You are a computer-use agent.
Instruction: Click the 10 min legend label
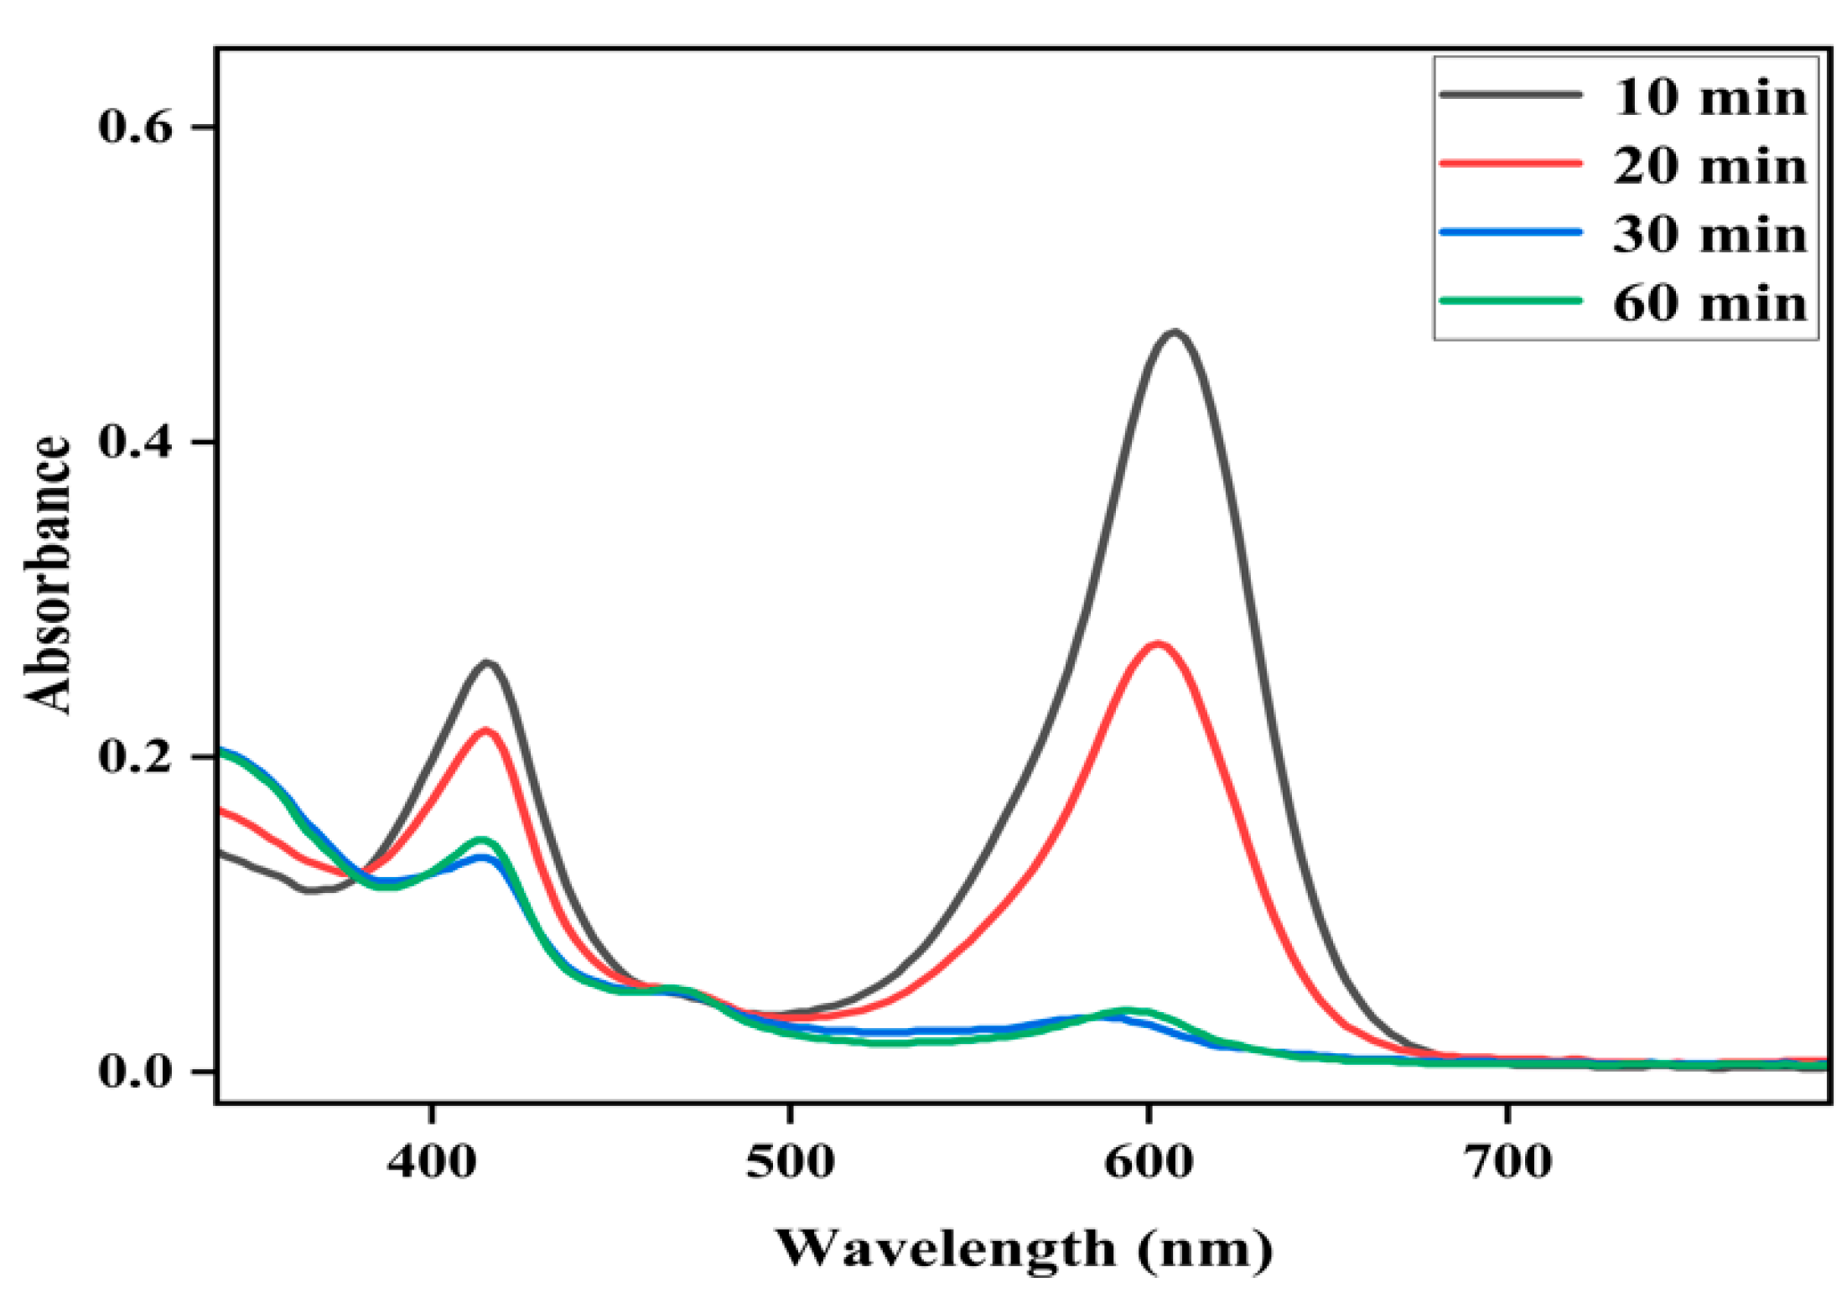[x=1710, y=98]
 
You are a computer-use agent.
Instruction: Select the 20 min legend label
[x=1710, y=167]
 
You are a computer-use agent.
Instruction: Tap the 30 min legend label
[x=1710, y=235]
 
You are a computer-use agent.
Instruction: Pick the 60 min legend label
[x=1710, y=304]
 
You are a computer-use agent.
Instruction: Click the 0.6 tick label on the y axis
[x=136, y=127]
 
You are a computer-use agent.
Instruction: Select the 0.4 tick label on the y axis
[x=136, y=442]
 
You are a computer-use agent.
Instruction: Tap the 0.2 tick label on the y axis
[x=136, y=756]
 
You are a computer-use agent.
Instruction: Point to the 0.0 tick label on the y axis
[x=136, y=1071]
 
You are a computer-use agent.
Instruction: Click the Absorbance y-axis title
[x=48, y=575]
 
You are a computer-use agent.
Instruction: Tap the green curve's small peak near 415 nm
[x=481, y=839]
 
